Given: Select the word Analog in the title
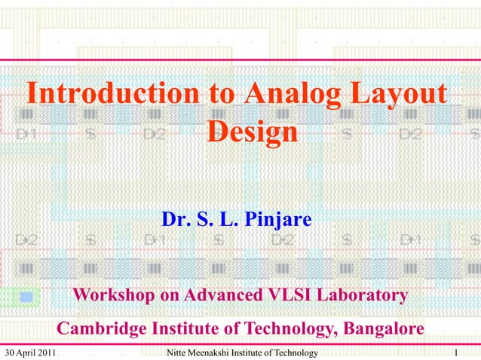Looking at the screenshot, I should point(290,96).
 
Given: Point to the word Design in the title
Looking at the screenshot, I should point(252,133).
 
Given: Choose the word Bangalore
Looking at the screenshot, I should point(383,329).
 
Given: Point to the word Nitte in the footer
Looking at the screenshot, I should point(177,353).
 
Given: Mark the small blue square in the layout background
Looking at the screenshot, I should point(26,297).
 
